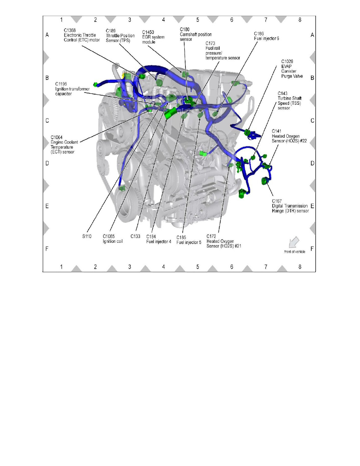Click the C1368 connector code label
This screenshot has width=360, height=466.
[x=70, y=30]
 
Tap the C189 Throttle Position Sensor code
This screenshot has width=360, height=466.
[x=111, y=31]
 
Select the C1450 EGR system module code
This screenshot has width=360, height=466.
[x=148, y=32]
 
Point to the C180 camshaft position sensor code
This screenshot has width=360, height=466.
[x=185, y=29]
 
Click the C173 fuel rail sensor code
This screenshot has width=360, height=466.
[x=210, y=44]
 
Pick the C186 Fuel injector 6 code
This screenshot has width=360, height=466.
[x=259, y=34]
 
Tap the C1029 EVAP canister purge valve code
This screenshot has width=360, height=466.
[x=287, y=62]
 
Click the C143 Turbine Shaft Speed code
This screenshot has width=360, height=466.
[x=282, y=93]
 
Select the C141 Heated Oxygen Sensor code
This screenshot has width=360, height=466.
[x=276, y=131]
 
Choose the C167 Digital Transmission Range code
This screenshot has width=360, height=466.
[x=277, y=201]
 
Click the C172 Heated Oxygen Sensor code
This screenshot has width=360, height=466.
[x=211, y=237]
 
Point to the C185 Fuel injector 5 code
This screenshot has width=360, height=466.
[x=181, y=237]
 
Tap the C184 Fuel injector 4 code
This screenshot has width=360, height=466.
[x=151, y=237]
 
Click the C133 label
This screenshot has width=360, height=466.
[x=135, y=236]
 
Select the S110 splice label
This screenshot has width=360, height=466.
[x=87, y=236]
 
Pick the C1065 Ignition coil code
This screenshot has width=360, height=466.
[x=109, y=236]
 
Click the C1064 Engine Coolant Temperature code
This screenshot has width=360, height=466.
[x=56, y=137]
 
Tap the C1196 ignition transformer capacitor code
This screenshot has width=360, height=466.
[x=61, y=84]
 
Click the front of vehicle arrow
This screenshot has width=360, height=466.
[x=294, y=242]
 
